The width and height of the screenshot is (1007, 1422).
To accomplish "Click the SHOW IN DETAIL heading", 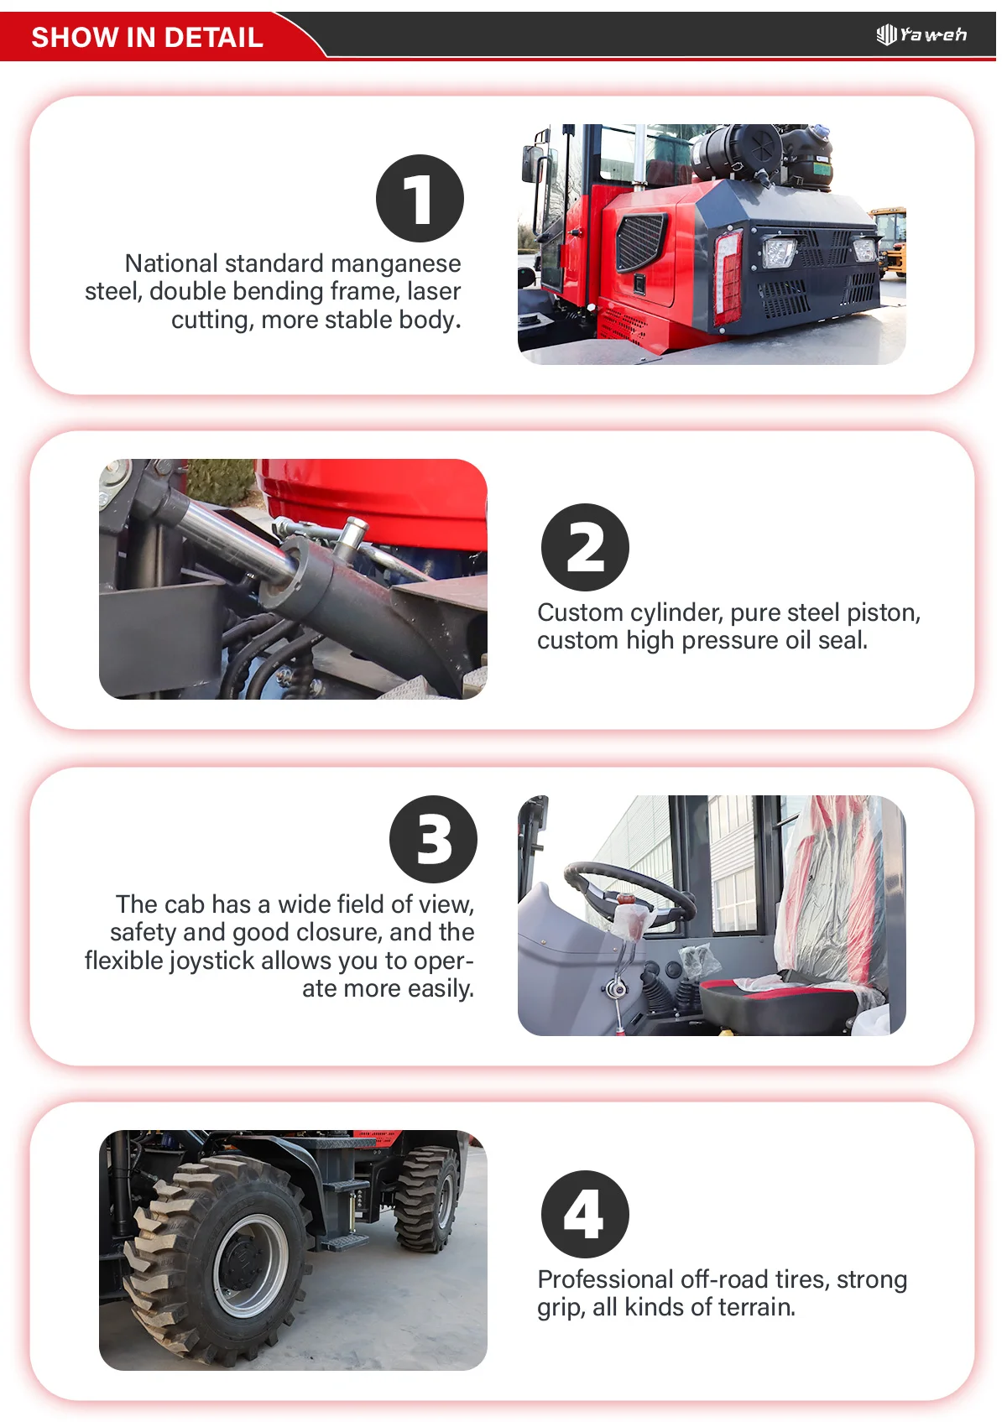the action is [x=148, y=37].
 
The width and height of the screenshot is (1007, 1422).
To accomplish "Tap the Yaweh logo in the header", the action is [x=921, y=34].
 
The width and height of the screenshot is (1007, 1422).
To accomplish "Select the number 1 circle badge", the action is [x=420, y=198].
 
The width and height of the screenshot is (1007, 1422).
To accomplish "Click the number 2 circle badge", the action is [x=585, y=547].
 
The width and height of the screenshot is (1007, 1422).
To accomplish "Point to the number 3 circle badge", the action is [x=433, y=839].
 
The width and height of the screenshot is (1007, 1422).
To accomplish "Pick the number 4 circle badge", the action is [x=585, y=1214].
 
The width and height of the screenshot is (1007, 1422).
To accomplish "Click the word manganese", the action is [x=396, y=263].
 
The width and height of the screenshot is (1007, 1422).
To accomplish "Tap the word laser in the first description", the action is [x=435, y=291].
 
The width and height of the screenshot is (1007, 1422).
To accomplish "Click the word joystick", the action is [x=212, y=961].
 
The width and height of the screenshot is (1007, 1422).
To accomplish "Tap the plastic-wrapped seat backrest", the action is [x=832, y=888].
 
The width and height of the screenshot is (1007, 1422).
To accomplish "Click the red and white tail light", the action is [x=728, y=277].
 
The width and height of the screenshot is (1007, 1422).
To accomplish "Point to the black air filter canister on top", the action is [x=737, y=150].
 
